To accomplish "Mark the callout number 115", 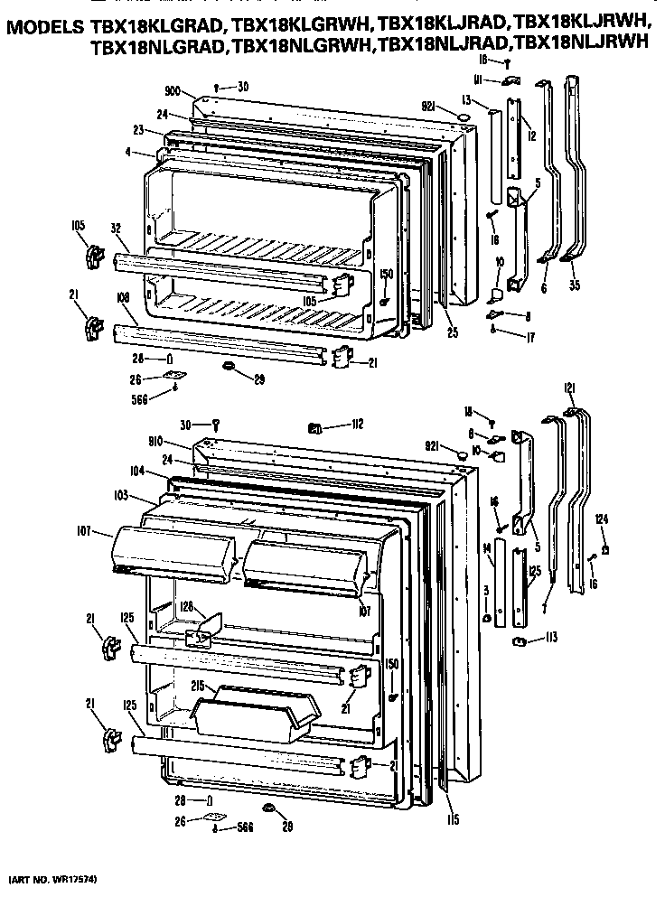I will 452,819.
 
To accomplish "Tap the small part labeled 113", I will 520,640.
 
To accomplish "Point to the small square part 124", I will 605,547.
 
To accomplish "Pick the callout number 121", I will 569,388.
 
